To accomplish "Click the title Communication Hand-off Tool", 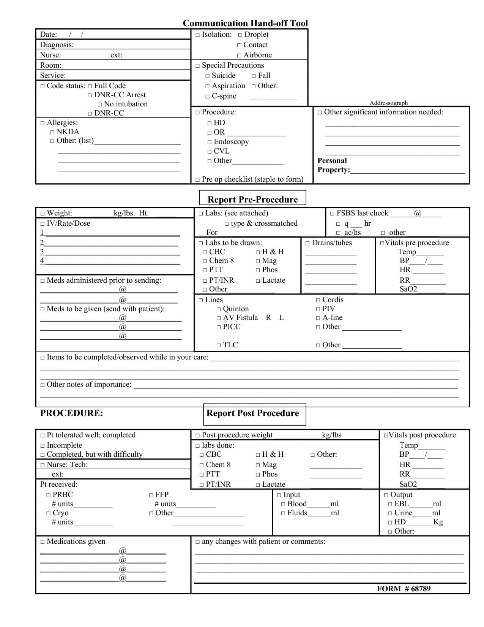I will click(245, 23).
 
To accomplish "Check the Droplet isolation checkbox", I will click(240, 35).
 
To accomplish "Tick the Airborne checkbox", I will click(239, 55).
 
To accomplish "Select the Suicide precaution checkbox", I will click(208, 76).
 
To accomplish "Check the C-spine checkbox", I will click(208, 97).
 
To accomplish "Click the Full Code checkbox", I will click(90, 86).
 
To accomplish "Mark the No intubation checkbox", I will click(100, 104).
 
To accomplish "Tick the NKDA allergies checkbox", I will click(52, 132).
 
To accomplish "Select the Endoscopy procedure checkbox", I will click(210, 142).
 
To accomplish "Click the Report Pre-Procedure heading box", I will click(252, 199).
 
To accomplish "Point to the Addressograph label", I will click(389, 103).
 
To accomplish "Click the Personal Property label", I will click(333, 165).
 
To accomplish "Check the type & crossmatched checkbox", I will click(227, 224).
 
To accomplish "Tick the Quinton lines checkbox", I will click(219, 309).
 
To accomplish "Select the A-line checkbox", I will click(318, 318).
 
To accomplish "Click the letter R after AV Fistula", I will click(268, 318).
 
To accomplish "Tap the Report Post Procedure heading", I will click(252, 413).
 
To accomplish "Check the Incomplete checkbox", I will click(43, 446).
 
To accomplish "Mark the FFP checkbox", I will click(151, 495).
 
